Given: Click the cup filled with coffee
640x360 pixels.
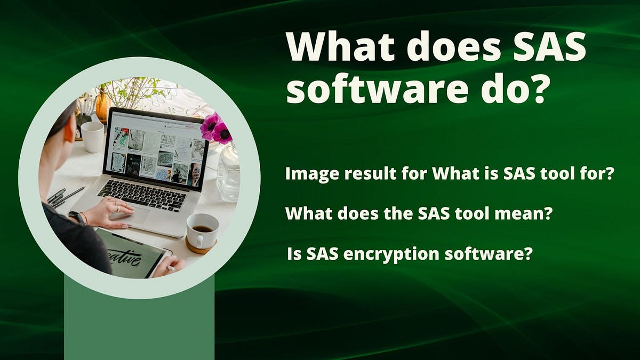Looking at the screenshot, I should point(202,230).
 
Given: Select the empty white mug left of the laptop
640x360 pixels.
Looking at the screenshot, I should point(92,136).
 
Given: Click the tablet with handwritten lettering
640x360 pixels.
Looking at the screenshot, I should point(131,255).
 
